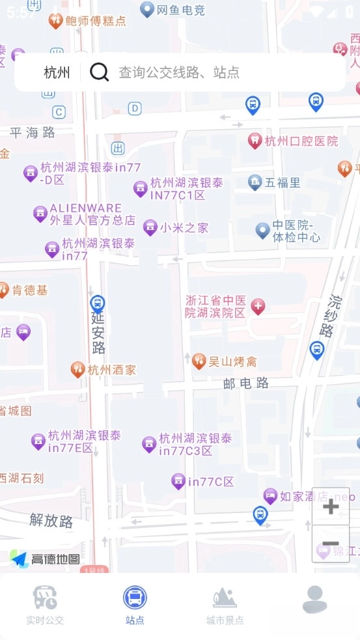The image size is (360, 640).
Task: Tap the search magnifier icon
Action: [99, 72]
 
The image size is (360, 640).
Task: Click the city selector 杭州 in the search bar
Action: [57, 72]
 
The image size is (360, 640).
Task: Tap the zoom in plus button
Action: [331, 507]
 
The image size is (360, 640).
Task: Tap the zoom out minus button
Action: [331, 544]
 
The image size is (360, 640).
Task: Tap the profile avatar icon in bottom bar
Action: [314, 599]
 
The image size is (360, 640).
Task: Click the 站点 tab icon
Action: [135, 598]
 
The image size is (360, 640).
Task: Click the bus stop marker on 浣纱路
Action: [317, 349]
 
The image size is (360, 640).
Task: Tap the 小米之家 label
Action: [184, 228]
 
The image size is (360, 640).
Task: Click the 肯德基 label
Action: [30, 290]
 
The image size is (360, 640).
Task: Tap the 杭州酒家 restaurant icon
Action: [77, 369]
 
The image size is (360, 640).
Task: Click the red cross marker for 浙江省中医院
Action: [258, 306]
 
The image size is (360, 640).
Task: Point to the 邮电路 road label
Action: [246, 383]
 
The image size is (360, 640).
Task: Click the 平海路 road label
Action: [33, 133]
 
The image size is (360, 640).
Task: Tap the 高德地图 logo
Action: [46, 559]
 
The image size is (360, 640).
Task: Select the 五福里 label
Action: [283, 182]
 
